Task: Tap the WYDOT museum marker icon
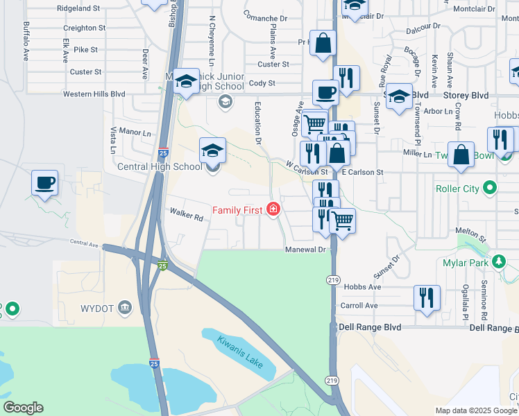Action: coord(124,307)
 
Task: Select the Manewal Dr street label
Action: coord(305,249)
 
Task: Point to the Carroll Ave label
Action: coord(358,305)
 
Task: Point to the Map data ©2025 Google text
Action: coord(475,410)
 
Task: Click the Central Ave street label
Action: coord(84,243)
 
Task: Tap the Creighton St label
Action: coord(84,28)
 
